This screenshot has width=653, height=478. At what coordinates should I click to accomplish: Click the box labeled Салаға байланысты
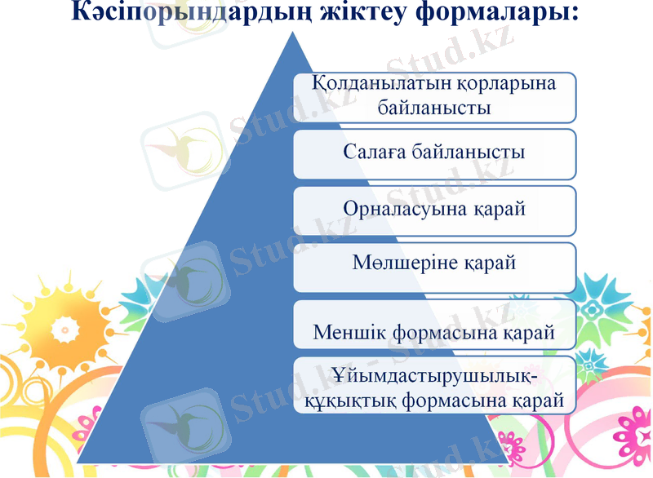click(x=434, y=153)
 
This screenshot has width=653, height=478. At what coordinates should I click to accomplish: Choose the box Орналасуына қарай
click(x=434, y=210)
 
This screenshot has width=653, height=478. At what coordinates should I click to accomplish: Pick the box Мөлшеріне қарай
click(x=434, y=266)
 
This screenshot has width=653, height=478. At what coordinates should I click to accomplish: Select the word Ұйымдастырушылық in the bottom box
click(x=435, y=378)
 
